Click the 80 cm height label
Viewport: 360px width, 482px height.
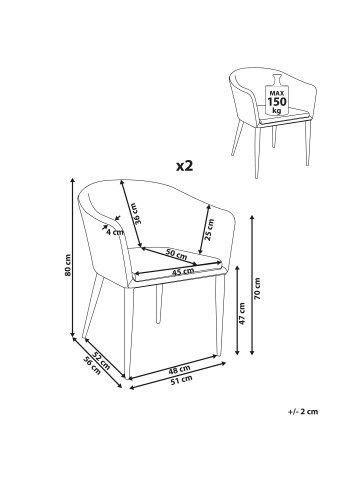[68, 265]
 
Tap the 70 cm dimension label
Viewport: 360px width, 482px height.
[257, 288]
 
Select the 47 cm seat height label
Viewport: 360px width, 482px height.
[242, 314]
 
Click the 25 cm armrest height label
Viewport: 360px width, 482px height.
[209, 229]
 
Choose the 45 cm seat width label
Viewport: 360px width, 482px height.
[183, 271]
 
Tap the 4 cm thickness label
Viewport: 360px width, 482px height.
[115, 232]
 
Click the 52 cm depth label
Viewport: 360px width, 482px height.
[101, 360]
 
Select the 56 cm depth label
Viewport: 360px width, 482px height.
[92, 366]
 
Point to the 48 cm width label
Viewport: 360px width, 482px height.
[179, 369]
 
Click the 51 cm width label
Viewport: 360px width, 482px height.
[181, 379]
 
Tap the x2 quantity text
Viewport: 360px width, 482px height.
[185, 166]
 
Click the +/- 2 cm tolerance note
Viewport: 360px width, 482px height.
[303, 411]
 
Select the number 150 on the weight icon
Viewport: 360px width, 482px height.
[277, 102]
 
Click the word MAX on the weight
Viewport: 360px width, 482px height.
[277, 93]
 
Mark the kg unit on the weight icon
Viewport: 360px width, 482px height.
[277, 110]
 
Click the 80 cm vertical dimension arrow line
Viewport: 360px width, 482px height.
[73, 258]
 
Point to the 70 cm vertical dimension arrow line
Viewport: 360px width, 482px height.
[252, 285]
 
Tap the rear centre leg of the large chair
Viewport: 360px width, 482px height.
[159, 303]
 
